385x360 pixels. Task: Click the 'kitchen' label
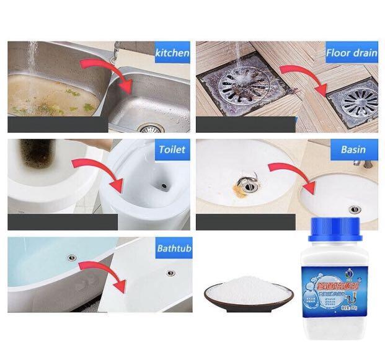click(x=172, y=53)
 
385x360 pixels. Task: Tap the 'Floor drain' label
click(x=352, y=53)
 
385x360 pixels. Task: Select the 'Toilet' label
click(x=172, y=149)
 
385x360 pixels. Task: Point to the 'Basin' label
click(x=353, y=149)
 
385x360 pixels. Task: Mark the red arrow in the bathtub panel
click(x=99, y=273)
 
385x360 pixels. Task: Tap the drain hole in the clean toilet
click(x=162, y=185)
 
